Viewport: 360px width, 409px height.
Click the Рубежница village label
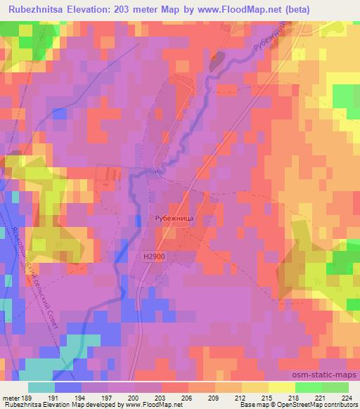pos(174,219)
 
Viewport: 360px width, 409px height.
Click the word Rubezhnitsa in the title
pos(35,8)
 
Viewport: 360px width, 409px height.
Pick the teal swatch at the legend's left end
pos(41,387)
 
